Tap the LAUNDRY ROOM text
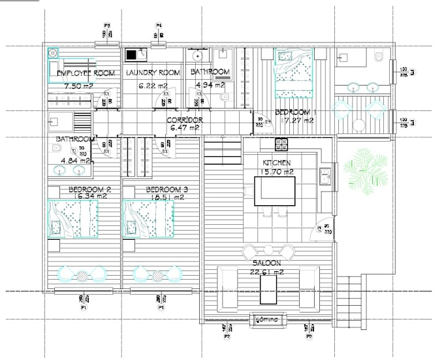click(151, 73)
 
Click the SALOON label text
click(268, 263)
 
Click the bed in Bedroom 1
click(293, 72)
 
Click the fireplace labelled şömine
click(268, 319)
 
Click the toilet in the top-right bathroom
click(379, 58)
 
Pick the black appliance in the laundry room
click(131, 56)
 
